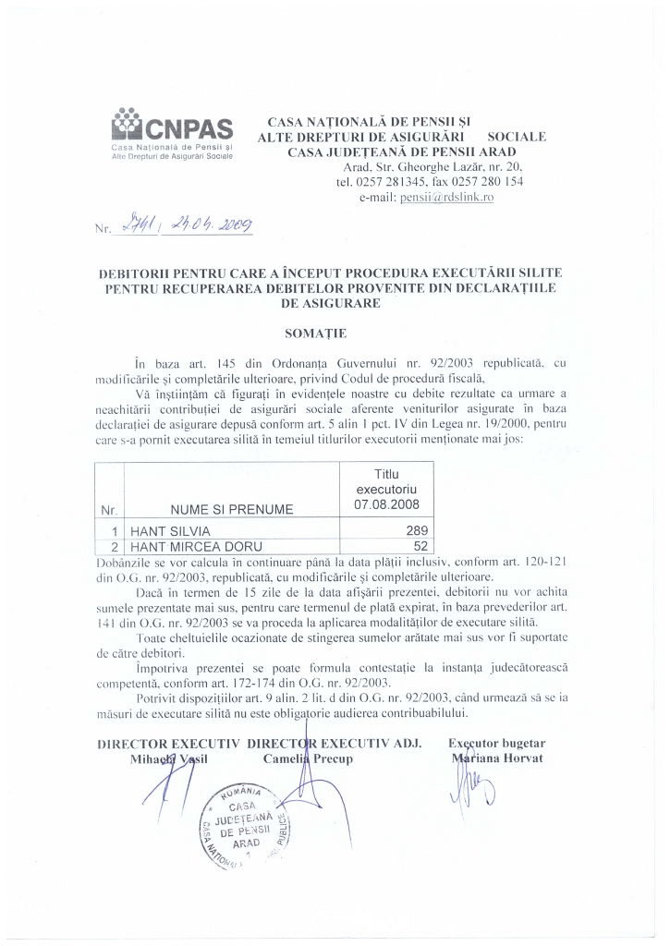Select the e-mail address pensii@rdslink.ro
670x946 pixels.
447,197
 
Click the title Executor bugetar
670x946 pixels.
497,743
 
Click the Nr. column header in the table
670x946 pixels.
109,509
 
